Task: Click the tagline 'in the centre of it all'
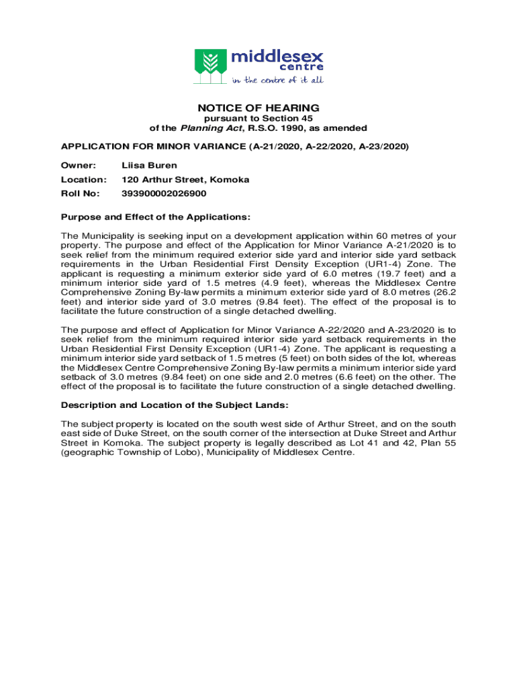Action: point(277,80)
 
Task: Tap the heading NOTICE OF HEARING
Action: point(258,108)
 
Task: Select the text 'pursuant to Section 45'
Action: point(258,119)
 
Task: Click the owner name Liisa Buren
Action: point(149,165)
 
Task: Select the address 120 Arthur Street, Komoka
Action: point(185,180)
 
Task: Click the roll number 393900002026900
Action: point(164,193)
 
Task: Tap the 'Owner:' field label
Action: point(79,165)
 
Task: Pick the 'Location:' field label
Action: point(84,180)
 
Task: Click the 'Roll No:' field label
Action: point(81,193)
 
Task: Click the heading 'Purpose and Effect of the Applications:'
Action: point(156,217)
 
